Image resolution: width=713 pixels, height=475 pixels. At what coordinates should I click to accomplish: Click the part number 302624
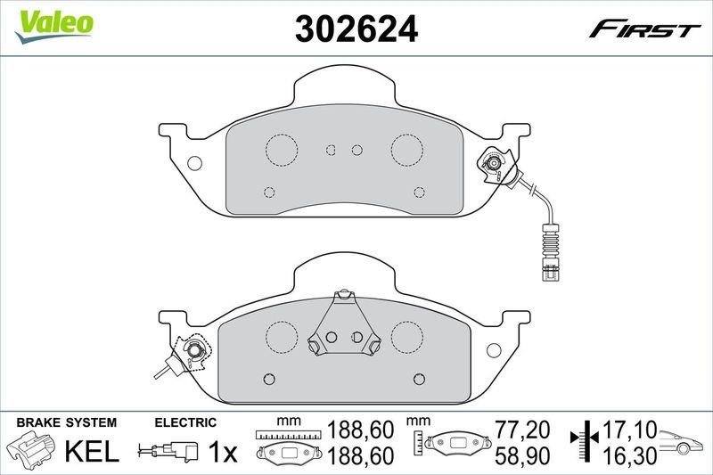tap(356, 31)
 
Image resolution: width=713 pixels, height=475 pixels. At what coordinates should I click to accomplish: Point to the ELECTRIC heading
tap(185, 422)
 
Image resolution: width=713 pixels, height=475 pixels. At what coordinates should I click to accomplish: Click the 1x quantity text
tap(222, 453)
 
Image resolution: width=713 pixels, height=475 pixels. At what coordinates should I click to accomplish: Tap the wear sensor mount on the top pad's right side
tap(493, 164)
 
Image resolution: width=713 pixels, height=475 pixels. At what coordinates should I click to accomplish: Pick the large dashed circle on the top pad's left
tap(283, 148)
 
